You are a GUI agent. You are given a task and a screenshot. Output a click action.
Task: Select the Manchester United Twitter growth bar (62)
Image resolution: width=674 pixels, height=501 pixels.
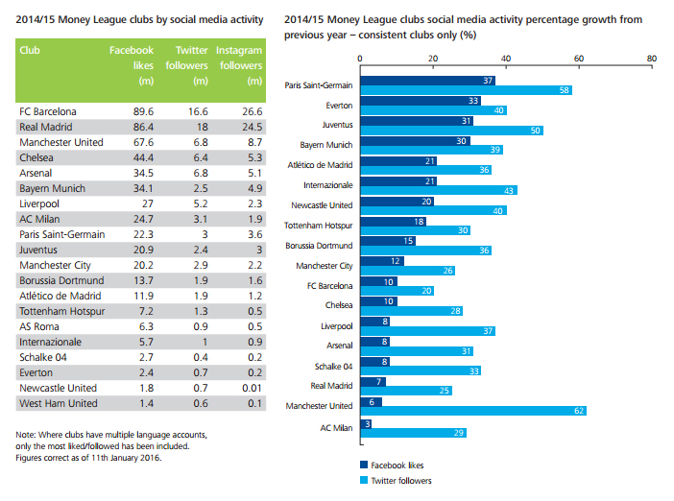472,410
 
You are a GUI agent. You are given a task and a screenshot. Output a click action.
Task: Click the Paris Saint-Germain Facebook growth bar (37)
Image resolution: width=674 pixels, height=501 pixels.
426,80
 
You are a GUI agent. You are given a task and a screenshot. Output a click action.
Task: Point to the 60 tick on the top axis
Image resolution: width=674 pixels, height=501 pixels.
579,58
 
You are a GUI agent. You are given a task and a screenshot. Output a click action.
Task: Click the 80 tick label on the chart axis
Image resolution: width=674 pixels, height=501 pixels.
652,58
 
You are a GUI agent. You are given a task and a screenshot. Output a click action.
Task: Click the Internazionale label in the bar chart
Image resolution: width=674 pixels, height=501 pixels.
326,184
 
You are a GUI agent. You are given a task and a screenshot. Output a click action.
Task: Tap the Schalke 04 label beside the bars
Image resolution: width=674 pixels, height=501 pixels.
333,366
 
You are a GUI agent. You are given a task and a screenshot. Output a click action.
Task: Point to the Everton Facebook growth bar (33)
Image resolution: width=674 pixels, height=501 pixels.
420,100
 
